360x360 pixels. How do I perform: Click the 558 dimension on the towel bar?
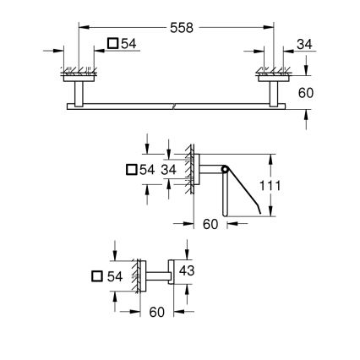pos(180,26)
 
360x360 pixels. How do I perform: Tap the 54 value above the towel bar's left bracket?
pos(129,44)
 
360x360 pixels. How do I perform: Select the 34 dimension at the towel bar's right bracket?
pos(304,44)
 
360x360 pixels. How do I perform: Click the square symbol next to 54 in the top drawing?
pos(113,44)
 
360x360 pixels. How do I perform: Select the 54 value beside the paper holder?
pos(147,170)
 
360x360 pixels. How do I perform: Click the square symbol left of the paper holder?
pos(131,170)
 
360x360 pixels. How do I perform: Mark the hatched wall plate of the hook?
pos(134,275)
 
